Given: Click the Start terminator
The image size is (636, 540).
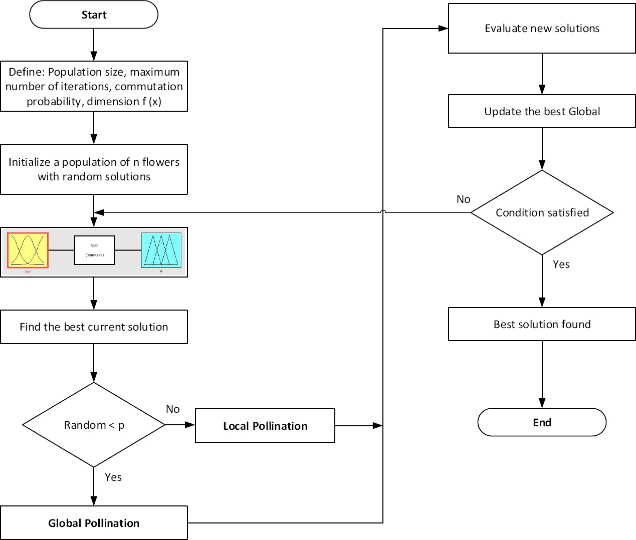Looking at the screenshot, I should pyautogui.click(x=94, y=15).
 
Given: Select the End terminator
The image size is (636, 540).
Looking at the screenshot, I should pyautogui.click(x=542, y=422).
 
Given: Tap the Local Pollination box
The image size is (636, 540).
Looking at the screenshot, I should pyautogui.click(x=265, y=426).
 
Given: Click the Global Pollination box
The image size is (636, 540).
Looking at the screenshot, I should pyautogui.click(x=94, y=523).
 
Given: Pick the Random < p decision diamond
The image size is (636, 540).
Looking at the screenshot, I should pyautogui.click(x=94, y=425).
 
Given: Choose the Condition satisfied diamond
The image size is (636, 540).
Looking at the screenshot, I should pyautogui.click(x=542, y=212).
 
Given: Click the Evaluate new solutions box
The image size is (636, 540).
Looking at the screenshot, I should pyautogui.click(x=542, y=29).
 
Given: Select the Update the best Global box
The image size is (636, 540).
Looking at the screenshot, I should pyautogui.click(x=542, y=111).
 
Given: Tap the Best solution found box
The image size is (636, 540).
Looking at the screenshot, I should pyautogui.click(x=542, y=324).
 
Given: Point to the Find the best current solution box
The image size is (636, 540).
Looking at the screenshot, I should pyautogui.click(x=94, y=327).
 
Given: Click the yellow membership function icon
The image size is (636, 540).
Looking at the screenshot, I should pyautogui.click(x=28, y=250).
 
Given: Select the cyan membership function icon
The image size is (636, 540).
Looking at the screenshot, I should pyautogui.click(x=161, y=250).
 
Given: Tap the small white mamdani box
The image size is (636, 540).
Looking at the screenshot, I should pyautogui.click(x=94, y=250).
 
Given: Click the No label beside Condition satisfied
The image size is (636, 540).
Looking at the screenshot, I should pyautogui.click(x=463, y=199).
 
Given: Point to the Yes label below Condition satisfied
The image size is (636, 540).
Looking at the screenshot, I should pyautogui.click(x=561, y=264).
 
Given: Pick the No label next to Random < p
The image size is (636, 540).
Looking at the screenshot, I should pyautogui.click(x=172, y=409).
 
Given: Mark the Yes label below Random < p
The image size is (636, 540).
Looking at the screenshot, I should pyautogui.click(x=113, y=477).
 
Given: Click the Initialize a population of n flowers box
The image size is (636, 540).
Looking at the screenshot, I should pyautogui.click(x=94, y=169).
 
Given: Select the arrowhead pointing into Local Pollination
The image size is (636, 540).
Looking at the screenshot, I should pyautogui.click(x=190, y=425).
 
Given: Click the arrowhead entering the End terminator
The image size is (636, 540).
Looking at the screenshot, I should pyautogui.click(x=542, y=403).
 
